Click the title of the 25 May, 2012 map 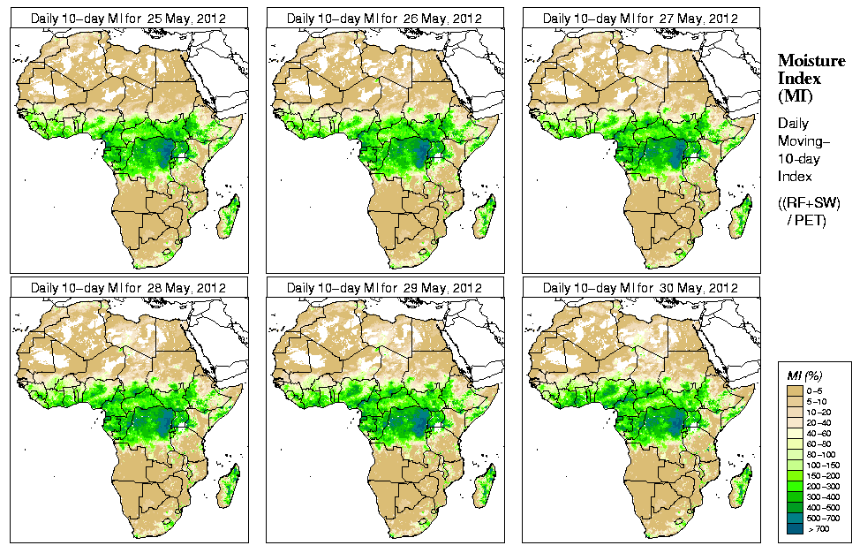[129, 19]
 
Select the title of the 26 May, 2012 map [385, 19]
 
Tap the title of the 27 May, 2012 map [640, 19]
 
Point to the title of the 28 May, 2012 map [129, 288]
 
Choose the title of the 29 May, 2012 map [385, 288]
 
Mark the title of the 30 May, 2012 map [640, 288]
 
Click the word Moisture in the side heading [811, 60]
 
